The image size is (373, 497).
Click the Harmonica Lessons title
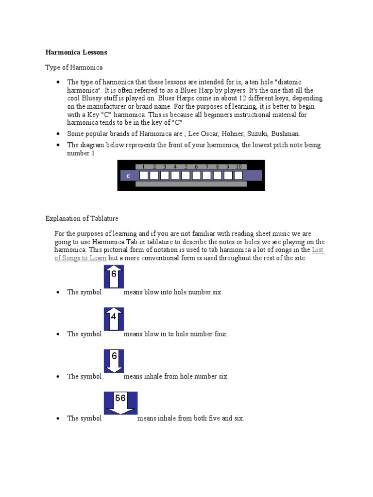point(76,52)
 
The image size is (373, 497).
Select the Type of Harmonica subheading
point(74,67)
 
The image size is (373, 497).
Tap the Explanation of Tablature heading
point(82,218)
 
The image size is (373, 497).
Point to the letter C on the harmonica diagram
point(128,176)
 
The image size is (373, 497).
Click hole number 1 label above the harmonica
point(143,166)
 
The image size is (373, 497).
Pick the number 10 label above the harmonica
point(238,166)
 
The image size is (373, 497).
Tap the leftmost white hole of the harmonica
point(143,175)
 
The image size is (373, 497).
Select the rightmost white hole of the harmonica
point(238,175)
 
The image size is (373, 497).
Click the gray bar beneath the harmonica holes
point(190,184)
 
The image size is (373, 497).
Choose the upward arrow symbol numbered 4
point(114,319)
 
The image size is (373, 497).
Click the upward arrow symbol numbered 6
point(114,277)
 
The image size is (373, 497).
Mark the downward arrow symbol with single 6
point(114,361)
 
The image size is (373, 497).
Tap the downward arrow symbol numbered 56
point(120,403)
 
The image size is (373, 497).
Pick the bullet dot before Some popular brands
point(58,133)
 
